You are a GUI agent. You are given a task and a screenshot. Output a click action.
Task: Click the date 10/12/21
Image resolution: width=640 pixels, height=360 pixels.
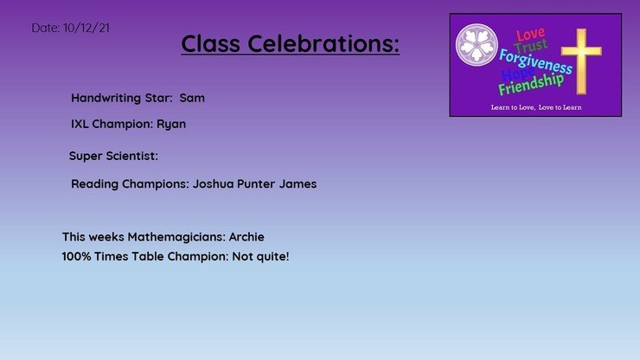pyautogui.click(x=86, y=28)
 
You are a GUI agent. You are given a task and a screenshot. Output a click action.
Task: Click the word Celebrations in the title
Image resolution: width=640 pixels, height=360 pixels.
pyautogui.click(x=323, y=43)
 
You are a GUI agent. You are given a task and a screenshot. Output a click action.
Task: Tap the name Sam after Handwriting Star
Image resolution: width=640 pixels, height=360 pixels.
pyautogui.click(x=192, y=98)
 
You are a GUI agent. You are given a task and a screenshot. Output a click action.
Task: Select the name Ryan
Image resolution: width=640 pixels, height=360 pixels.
pyautogui.click(x=171, y=125)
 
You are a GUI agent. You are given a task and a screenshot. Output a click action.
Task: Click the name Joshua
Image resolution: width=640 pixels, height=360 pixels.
pyautogui.click(x=213, y=183)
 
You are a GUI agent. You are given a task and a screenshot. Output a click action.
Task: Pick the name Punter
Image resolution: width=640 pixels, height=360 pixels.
pyautogui.click(x=256, y=183)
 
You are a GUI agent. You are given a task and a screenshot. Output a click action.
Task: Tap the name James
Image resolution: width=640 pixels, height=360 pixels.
pyautogui.click(x=298, y=183)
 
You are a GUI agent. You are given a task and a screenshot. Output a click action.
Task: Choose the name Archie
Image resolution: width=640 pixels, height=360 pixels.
pyautogui.click(x=246, y=236)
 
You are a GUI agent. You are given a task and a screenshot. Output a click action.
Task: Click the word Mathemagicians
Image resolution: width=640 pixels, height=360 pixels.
pyautogui.click(x=176, y=237)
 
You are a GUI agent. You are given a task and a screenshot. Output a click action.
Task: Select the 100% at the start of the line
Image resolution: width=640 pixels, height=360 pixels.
pyautogui.click(x=76, y=256)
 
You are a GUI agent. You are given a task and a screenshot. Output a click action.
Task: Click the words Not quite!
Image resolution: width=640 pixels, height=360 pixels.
pyautogui.click(x=260, y=257)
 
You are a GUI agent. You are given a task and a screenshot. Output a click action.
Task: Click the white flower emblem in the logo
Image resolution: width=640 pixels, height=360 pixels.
pyautogui.click(x=477, y=44)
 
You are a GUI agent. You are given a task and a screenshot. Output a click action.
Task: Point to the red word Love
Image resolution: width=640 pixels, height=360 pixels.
pyautogui.click(x=530, y=35)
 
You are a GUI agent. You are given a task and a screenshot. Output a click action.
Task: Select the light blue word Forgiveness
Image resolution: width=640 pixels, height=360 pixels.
pyautogui.click(x=535, y=61)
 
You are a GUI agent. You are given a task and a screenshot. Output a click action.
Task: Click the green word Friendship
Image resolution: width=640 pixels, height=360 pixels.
pyautogui.click(x=531, y=84)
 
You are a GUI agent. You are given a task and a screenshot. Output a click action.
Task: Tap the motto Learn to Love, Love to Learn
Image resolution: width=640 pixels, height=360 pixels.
pyautogui.click(x=536, y=107)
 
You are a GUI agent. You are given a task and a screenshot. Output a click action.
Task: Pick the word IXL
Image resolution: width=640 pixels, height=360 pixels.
pyautogui.click(x=80, y=124)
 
